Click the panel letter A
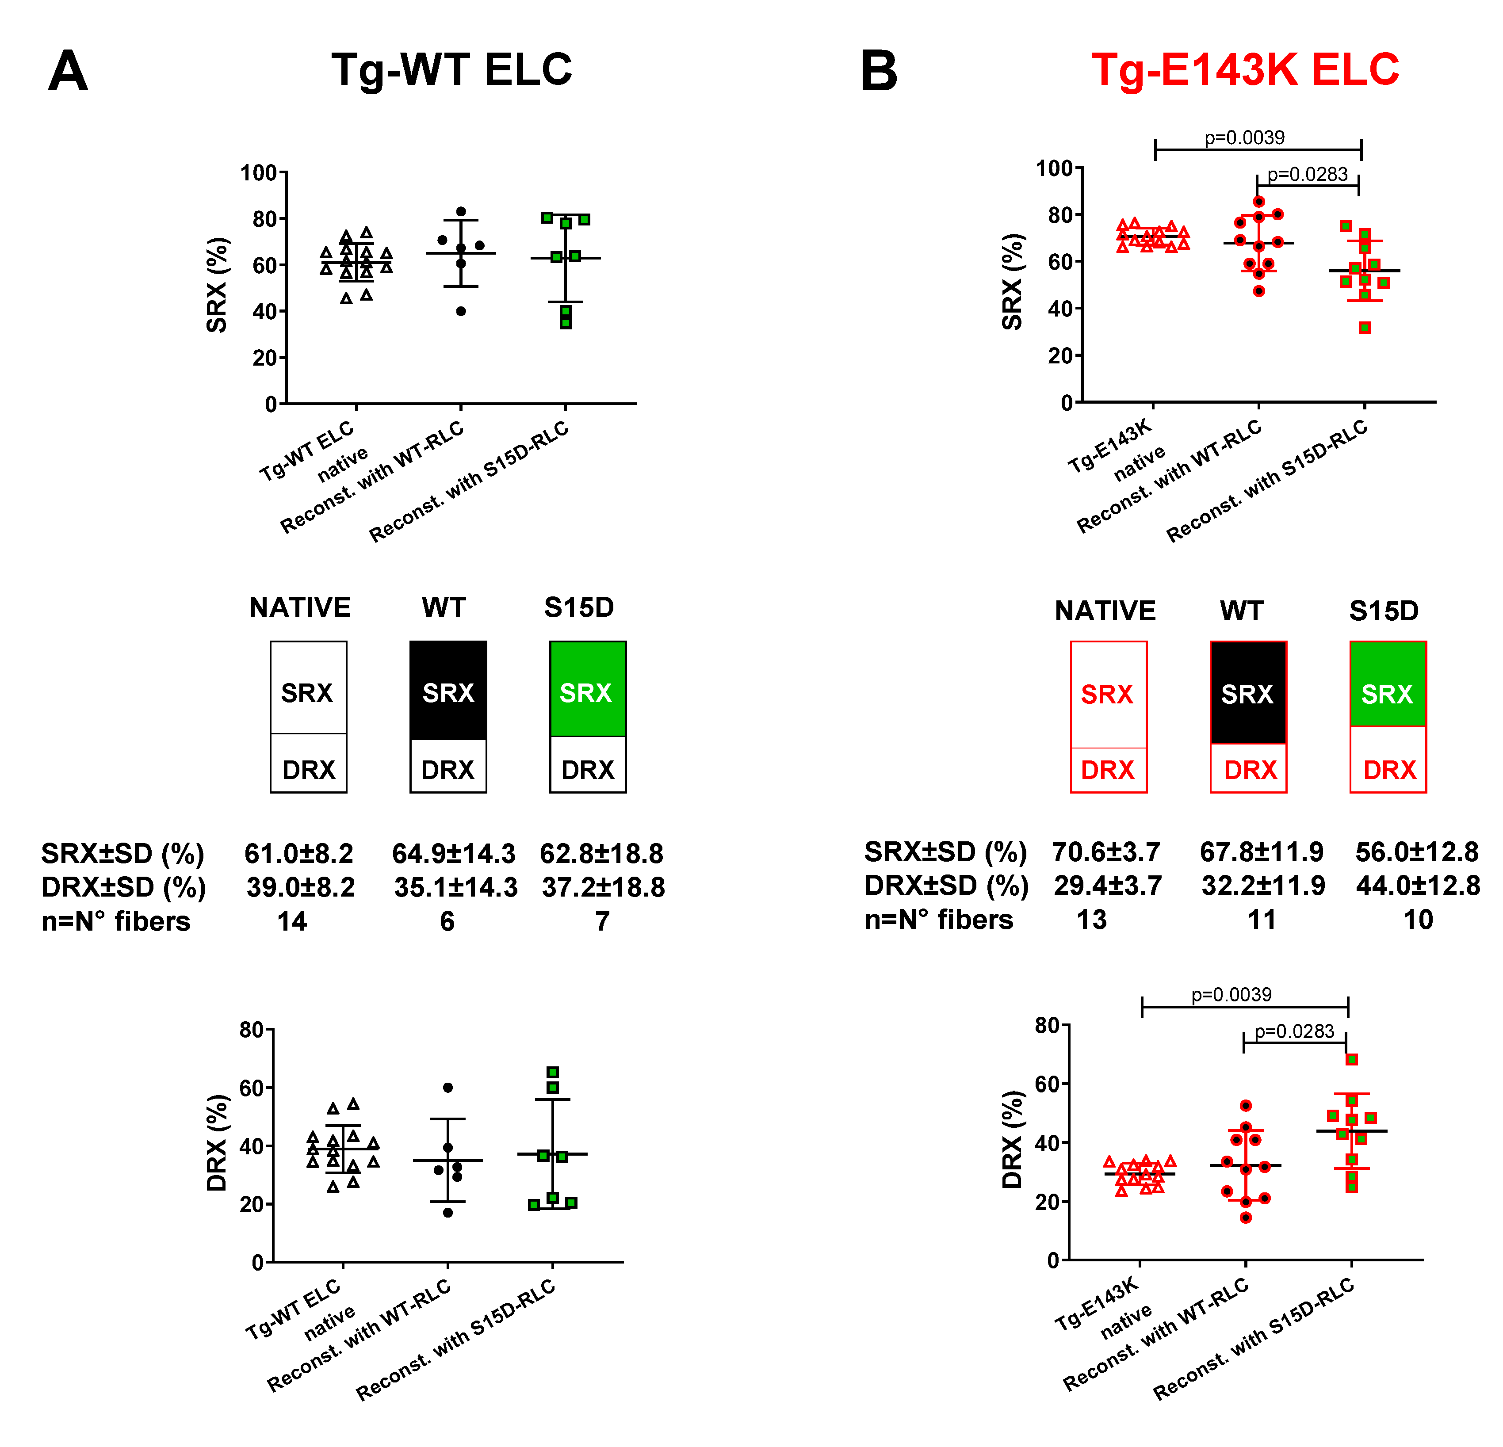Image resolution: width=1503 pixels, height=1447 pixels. (68, 71)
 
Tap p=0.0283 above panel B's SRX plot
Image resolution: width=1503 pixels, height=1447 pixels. (1308, 174)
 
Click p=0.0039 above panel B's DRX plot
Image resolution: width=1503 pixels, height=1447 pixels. (1231, 995)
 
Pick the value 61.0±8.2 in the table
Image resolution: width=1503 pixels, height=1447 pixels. (299, 853)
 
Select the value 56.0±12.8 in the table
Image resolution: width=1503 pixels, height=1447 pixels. (1416, 852)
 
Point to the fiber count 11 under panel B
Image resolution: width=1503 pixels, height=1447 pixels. (1262, 920)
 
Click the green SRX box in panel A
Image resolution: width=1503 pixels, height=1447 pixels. (587, 689)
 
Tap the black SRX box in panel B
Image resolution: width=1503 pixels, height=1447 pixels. (1248, 692)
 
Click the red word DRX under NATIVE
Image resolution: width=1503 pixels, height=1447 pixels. (1107, 770)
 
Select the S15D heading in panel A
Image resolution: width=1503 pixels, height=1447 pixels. (579, 607)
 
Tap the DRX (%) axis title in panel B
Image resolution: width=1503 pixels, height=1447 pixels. (1012, 1139)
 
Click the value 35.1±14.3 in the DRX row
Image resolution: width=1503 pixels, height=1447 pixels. (455, 887)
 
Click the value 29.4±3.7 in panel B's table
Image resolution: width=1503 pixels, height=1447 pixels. (1107, 886)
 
